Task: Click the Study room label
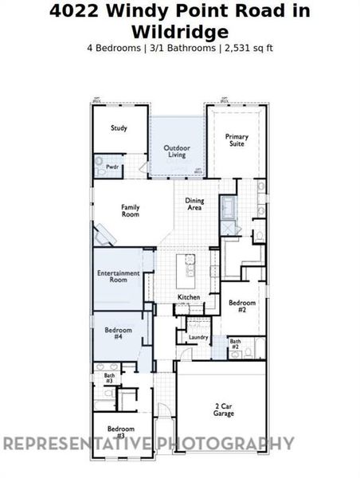[118, 127]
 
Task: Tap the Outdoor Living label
[177, 151]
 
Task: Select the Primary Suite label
[237, 141]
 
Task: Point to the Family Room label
[130, 210]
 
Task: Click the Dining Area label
[194, 204]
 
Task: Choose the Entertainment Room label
[119, 276]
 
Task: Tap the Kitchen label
[189, 297]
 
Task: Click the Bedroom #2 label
[242, 307]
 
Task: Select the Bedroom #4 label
[118, 332]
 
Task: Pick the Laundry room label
[198, 337]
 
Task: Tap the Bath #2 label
[235, 345]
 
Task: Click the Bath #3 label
[109, 378]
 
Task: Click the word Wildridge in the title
[179, 31]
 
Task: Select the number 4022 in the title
[73, 11]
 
